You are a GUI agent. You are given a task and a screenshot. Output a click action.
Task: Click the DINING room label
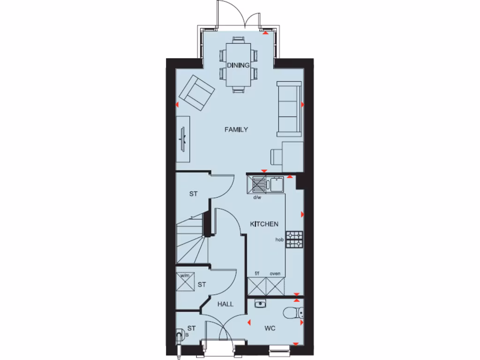(x=238, y=65)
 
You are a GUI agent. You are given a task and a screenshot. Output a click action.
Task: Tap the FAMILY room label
(x=236, y=129)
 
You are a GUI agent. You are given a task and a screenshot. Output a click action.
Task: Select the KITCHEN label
(x=264, y=225)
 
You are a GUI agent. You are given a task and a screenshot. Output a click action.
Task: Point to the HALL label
(x=225, y=304)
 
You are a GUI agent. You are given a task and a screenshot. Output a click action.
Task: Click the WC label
(x=269, y=328)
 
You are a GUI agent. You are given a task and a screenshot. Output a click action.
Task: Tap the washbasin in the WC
(x=260, y=304)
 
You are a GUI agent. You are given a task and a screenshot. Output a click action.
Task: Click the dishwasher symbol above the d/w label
(x=258, y=185)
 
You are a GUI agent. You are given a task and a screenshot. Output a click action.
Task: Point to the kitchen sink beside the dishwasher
(x=276, y=185)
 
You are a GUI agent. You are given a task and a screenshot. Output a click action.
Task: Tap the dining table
(x=238, y=65)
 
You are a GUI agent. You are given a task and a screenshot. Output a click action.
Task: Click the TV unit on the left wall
(x=183, y=139)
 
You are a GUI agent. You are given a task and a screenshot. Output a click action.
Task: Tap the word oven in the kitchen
(x=275, y=273)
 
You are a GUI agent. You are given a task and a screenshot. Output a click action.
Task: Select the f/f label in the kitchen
(x=257, y=273)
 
